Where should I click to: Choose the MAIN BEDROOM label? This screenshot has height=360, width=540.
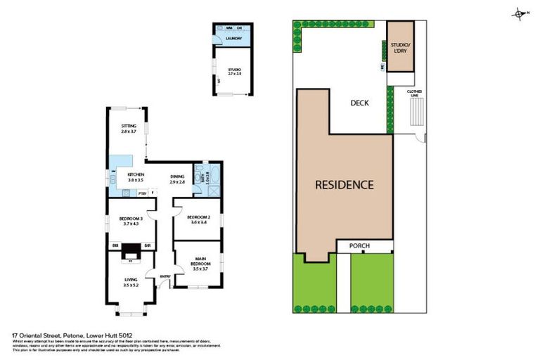pos(201,264)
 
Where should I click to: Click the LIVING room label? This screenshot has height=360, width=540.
pos(131,283)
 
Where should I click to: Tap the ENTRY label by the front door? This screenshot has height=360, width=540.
pos(165,276)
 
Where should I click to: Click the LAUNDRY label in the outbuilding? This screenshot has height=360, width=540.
pos(233,40)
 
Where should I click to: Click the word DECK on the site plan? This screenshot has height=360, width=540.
pos(359,103)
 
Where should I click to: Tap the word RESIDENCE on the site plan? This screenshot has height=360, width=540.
pos(343,185)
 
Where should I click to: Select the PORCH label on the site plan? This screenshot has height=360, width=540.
pos(364,246)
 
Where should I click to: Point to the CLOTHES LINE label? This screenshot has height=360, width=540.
pos(414,93)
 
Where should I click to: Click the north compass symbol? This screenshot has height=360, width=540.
pos(519,13)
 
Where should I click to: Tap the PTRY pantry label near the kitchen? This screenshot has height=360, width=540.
pos(141,193)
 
